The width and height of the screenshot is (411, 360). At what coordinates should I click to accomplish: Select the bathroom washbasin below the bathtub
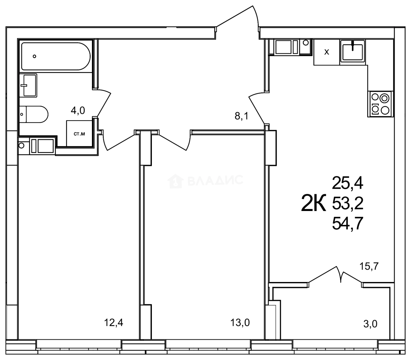28,85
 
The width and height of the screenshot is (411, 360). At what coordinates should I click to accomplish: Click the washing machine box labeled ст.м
79,134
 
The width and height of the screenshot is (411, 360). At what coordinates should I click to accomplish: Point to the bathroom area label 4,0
78,110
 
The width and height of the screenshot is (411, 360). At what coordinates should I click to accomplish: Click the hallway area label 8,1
242,116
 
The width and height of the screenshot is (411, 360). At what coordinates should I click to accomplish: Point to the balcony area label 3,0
370,323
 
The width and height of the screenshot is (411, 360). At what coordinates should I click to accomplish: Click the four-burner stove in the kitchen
380,104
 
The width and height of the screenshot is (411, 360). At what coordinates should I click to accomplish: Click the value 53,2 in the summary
347,203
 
